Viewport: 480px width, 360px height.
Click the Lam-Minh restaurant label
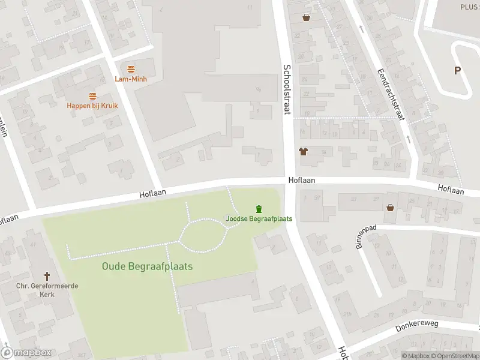(x=131, y=79)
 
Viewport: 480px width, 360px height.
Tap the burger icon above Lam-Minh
(x=131, y=69)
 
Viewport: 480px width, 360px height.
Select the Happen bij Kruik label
(x=92, y=106)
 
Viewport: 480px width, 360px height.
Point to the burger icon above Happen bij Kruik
(x=92, y=96)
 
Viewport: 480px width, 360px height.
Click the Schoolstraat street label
(x=287, y=89)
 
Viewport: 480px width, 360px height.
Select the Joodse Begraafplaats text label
(x=259, y=218)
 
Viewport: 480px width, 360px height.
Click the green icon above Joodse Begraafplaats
(x=259, y=209)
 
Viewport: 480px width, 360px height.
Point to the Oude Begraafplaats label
(x=147, y=266)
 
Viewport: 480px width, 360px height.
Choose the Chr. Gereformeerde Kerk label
(x=47, y=290)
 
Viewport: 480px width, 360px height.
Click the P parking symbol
(x=457, y=71)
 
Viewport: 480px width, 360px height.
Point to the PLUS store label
(x=469, y=6)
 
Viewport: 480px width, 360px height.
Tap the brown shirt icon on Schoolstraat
(x=303, y=152)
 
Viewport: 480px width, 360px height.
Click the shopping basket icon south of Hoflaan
(x=391, y=208)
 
